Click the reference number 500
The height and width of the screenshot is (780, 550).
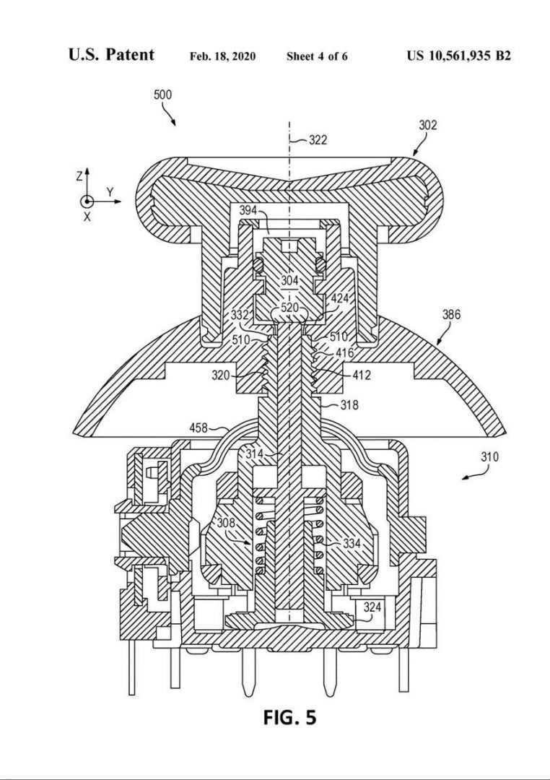pos(162,95)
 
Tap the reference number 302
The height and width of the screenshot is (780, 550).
pos(428,125)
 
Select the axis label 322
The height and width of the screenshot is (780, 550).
pos(318,140)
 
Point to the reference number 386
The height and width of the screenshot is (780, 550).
pos(451,314)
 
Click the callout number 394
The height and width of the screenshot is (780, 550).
pos(248,210)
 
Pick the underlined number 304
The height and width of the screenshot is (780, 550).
pos(290,280)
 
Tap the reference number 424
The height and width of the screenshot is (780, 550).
pos(341,298)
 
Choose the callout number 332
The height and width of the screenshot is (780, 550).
pos(240,315)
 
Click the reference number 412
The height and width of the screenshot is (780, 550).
pos(362,375)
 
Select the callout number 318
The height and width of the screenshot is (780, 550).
pos(349,405)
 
